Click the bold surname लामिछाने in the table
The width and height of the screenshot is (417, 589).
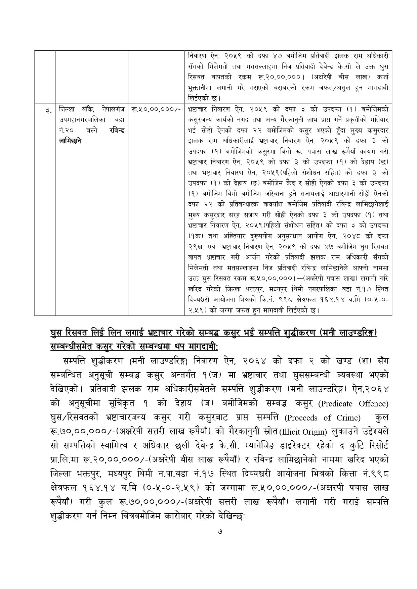[x=70, y=141]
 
